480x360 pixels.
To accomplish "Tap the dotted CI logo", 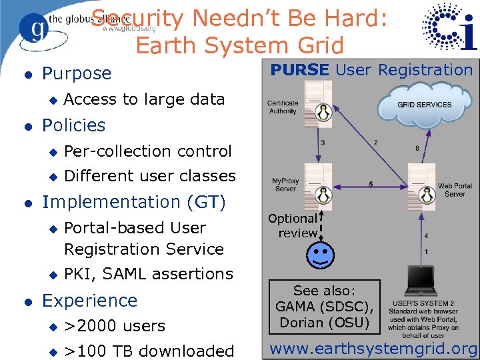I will [x=450, y=29].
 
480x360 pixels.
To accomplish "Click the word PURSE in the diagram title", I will [x=299, y=69].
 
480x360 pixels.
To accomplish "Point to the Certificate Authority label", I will [x=283, y=107].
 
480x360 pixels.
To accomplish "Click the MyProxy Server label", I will [x=285, y=184].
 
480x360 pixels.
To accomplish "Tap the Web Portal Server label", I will [x=455, y=190].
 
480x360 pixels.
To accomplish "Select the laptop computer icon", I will [x=423, y=283].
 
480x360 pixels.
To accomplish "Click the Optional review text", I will [x=293, y=225].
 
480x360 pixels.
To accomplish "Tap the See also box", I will [x=325, y=306].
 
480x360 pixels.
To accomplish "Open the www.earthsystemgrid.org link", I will [x=373, y=349].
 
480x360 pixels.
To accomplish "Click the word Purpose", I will [x=77, y=73].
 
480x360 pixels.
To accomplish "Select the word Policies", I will [x=74, y=125].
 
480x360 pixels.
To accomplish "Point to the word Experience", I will [x=89, y=301].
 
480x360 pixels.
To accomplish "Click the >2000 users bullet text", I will [x=114, y=326].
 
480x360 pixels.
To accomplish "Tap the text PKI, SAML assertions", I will [x=148, y=274].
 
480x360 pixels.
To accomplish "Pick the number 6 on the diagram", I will [x=417, y=148].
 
